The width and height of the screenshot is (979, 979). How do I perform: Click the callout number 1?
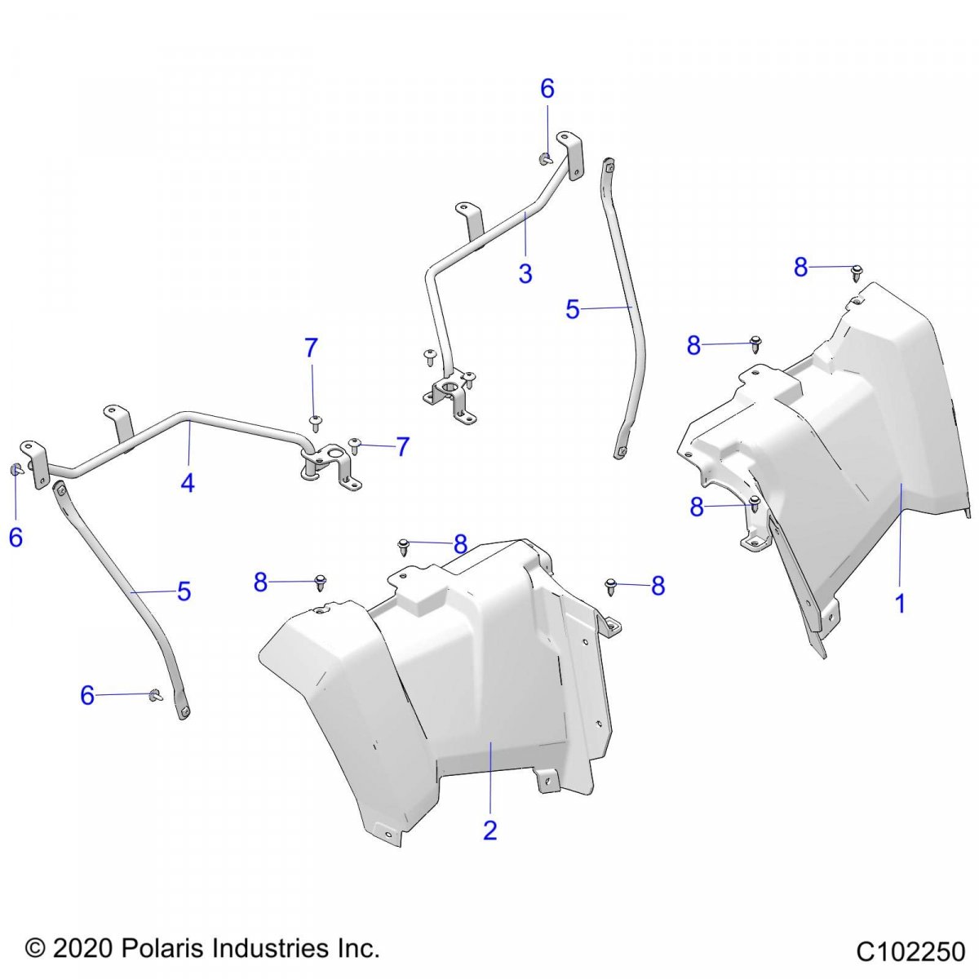(900, 604)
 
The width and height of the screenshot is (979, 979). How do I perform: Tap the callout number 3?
(525, 273)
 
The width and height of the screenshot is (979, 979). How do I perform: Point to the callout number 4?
(188, 482)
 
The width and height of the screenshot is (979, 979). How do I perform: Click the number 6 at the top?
(547, 89)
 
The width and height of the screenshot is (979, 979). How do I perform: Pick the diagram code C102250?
(910, 949)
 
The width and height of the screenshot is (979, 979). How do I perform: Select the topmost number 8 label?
(800, 268)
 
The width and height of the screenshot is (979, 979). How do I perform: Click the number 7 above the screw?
(311, 348)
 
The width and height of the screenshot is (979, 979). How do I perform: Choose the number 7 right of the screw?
(402, 446)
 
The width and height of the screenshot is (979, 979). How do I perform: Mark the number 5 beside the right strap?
(573, 309)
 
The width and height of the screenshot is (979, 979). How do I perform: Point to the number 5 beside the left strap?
(184, 591)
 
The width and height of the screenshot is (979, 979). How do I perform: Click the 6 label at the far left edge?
(16, 538)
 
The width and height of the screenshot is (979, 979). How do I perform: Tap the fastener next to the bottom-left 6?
(155, 695)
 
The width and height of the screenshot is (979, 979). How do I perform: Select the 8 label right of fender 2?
(658, 587)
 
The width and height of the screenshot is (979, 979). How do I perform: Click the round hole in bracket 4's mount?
(336, 452)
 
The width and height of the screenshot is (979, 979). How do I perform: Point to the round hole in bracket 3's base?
(450, 388)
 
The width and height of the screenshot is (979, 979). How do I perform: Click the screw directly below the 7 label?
(315, 423)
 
